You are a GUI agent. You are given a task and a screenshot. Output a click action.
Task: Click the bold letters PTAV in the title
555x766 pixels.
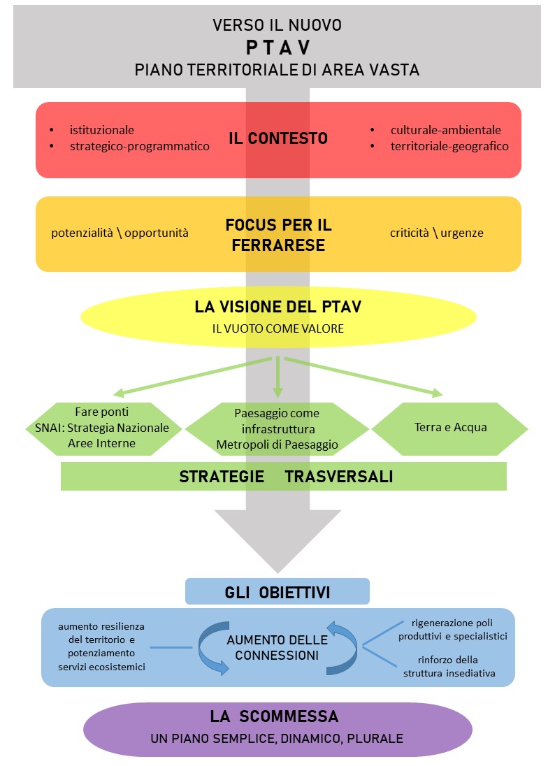[277, 48]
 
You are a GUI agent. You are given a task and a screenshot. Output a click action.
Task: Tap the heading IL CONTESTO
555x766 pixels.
[278, 138]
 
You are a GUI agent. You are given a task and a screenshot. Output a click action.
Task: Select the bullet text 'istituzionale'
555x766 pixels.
[101, 130]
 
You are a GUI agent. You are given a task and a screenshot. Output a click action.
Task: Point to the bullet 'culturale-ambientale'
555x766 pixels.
[445, 130]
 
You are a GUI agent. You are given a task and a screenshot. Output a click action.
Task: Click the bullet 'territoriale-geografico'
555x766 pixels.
[449, 147]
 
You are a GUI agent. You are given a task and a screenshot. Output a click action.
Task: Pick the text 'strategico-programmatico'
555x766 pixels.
[139, 147]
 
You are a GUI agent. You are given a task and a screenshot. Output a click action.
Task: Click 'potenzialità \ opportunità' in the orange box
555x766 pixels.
[120, 233]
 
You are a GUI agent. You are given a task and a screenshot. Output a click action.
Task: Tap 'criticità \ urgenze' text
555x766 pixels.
[436, 233]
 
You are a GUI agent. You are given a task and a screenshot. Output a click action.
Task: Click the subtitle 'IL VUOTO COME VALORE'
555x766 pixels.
[278, 328]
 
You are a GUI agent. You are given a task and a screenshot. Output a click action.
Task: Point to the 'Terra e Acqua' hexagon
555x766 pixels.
[449, 428]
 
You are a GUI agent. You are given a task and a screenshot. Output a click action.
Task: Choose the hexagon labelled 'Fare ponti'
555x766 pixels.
[102, 428]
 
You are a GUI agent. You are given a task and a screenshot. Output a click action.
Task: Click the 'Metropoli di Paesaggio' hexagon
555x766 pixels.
[277, 428]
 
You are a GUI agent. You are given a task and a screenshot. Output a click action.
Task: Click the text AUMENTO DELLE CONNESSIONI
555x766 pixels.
[277, 648]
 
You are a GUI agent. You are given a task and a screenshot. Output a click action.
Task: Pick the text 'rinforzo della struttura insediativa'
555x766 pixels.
[449, 666]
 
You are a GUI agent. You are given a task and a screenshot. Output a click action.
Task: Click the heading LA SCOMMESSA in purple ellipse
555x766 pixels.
[274, 716]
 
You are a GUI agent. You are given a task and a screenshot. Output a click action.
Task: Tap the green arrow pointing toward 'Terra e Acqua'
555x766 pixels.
[363, 376]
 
